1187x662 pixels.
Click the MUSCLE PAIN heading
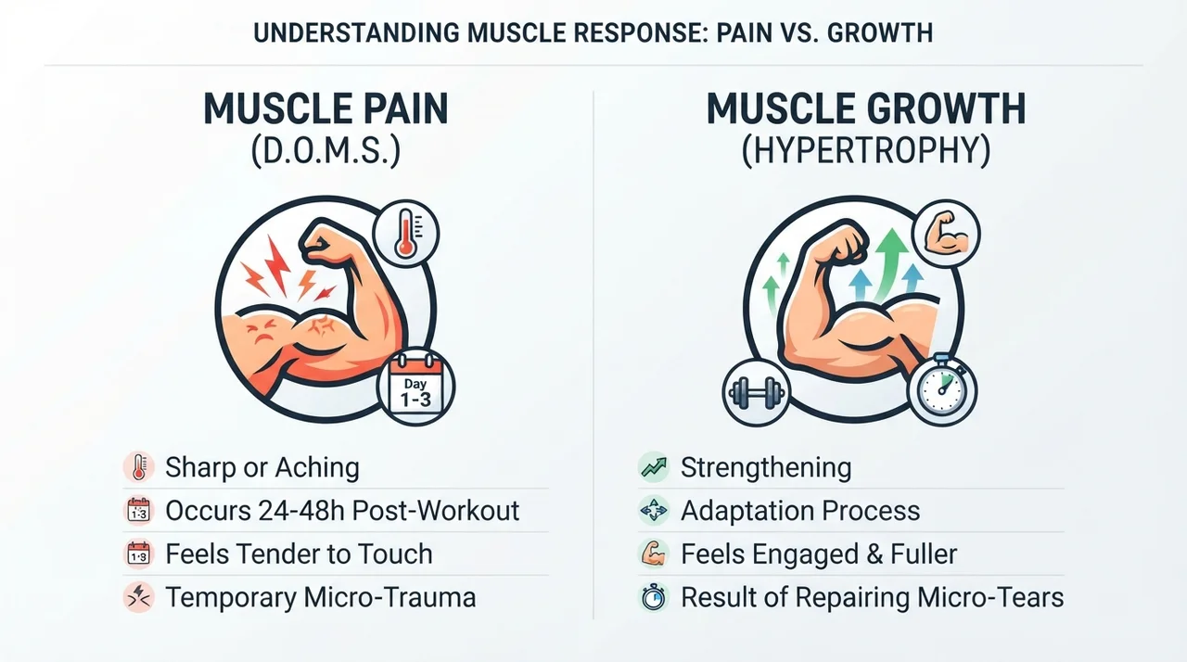coord(325,109)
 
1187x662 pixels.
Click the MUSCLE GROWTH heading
coord(866,109)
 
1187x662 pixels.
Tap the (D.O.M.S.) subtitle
coord(325,151)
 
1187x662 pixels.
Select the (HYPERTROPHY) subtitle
coord(866,151)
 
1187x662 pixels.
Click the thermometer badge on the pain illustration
coord(406,234)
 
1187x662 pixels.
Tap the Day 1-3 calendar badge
coord(416,386)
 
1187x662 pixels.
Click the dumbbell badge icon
coord(756,392)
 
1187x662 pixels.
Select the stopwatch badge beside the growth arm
coord(942,389)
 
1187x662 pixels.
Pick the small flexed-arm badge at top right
coord(947,234)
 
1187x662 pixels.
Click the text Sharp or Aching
coord(262,467)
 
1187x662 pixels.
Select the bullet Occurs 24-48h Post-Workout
coord(342,511)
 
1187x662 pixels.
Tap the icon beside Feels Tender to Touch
coord(139,554)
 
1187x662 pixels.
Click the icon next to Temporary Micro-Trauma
coord(139,597)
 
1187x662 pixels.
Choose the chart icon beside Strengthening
coord(654,467)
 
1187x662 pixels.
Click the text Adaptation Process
coord(800,511)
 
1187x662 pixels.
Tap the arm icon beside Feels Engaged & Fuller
coord(654,554)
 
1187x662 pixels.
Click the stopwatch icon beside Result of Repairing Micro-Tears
coord(654,597)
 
